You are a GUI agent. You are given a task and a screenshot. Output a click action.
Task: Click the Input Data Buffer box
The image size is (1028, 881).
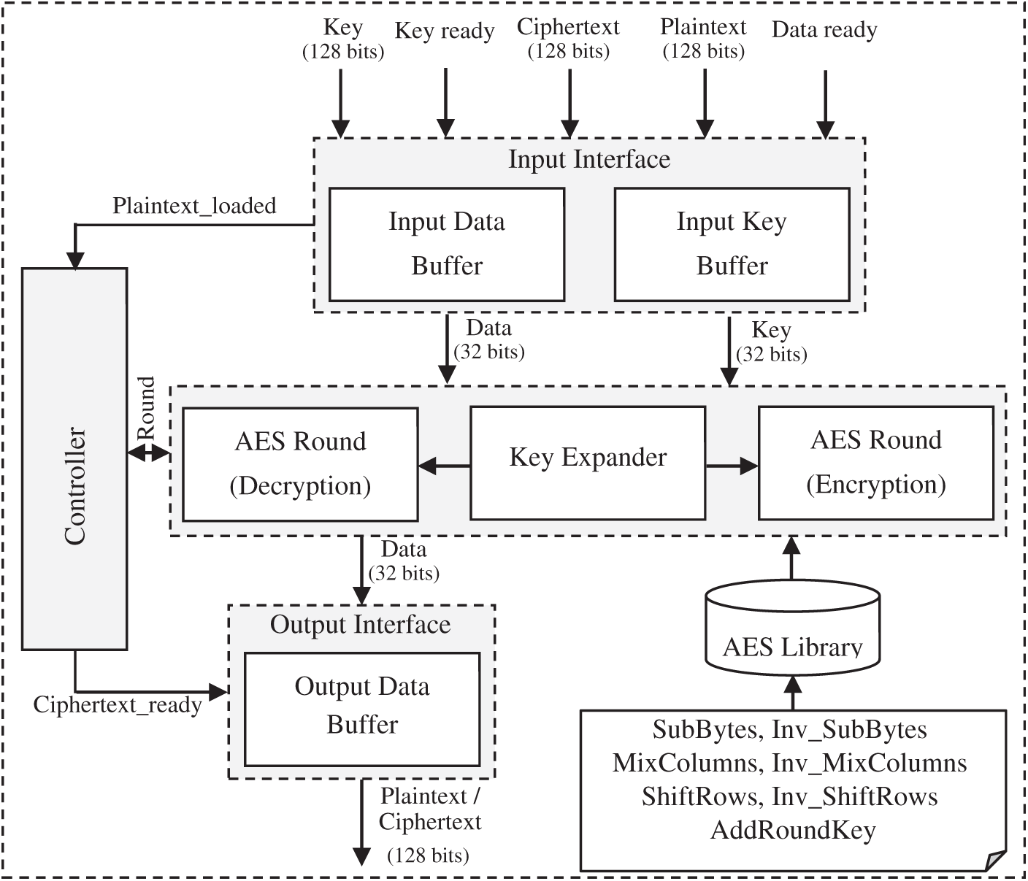click(x=447, y=244)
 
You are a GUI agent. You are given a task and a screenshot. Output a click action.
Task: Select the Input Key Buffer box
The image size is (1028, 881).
click(x=732, y=244)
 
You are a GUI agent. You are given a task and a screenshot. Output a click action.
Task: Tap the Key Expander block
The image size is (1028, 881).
click(x=588, y=463)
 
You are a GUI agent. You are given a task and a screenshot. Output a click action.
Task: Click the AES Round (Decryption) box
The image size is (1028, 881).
click(x=300, y=464)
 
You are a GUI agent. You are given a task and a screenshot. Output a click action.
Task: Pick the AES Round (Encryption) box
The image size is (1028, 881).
click(x=876, y=463)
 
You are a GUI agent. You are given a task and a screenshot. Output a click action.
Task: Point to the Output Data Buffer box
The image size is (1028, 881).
click(x=362, y=707)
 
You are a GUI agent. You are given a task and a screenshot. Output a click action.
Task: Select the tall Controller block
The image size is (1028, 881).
click(x=74, y=458)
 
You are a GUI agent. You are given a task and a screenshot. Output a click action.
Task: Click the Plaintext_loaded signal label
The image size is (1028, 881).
click(x=194, y=206)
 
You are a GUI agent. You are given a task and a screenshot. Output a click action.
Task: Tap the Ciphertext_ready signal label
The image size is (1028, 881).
click(x=118, y=705)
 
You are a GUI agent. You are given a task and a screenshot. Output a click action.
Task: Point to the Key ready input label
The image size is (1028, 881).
click(x=445, y=31)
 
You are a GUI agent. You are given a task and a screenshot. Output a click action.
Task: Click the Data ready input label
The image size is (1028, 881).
click(x=824, y=30)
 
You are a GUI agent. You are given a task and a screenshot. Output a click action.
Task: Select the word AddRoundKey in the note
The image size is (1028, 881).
click(x=793, y=831)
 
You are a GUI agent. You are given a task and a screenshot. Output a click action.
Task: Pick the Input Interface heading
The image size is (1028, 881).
click(x=589, y=159)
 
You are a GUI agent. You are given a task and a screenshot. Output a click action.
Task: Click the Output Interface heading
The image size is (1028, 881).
click(x=361, y=625)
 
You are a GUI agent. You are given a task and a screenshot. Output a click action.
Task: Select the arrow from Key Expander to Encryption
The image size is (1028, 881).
click(x=732, y=465)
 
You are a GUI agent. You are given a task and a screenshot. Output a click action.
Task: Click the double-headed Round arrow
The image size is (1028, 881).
click(x=148, y=453)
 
